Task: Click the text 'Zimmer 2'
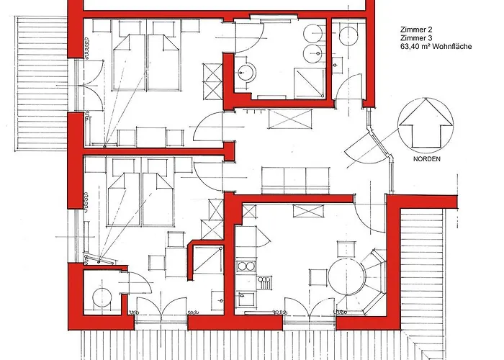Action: coord(416,30)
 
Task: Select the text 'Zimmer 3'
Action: coord(416,38)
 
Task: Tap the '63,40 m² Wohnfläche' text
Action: coord(436,47)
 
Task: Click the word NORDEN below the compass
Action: coord(427,159)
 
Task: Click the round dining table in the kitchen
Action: coord(347,276)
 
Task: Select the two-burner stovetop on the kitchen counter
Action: coord(246,266)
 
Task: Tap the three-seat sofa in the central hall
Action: coord(295,180)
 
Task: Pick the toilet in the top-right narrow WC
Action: coord(348,36)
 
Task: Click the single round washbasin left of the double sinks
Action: coord(247,73)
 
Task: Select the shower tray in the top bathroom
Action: coord(309,82)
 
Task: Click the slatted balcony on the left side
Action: coord(42,84)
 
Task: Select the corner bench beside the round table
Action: coord(373,281)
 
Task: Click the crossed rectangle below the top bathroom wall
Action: coord(290,120)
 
